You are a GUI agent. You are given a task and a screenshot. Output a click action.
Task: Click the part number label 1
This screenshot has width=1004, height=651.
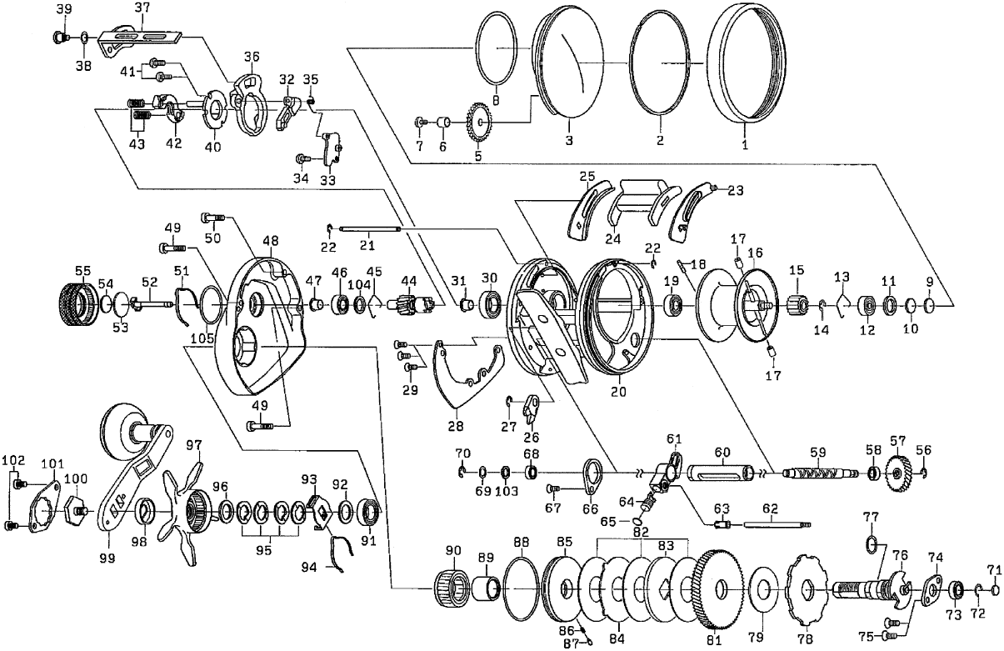pyautogui.click(x=745, y=143)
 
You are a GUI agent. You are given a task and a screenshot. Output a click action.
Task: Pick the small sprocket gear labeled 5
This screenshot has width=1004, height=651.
pyautogui.click(x=478, y=123)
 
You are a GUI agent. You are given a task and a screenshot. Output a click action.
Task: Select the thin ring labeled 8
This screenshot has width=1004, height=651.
pyautogui.click(x=497, y=49)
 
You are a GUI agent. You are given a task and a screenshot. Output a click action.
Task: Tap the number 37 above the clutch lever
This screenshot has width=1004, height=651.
pyautogui.click(x=142, y=8)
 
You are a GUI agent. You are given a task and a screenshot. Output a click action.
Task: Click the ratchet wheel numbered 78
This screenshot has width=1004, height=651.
pyautogui.click(x=805, y=593)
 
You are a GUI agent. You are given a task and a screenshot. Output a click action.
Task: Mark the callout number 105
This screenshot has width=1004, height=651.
pyautogui.click(x=200, y=338)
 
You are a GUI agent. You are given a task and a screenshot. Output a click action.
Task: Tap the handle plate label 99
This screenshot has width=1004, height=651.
pyautogui.click(x=107, y=558)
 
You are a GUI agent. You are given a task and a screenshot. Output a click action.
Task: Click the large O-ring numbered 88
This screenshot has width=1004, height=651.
pyautogui.click(x=521, y=583)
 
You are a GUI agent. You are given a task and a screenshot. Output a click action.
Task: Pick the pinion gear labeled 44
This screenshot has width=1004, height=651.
pyautogui.click(x=410, y=298)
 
